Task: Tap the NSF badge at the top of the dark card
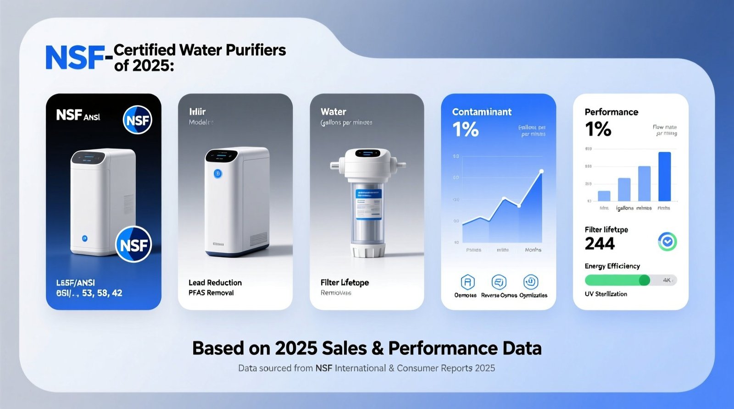pos(138,120)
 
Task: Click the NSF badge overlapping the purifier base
pos(133,245)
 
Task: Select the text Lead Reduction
pos(215,282)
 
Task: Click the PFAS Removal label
pos(211,293)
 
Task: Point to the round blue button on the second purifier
pos(218,174)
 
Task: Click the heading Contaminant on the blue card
pos(482,112)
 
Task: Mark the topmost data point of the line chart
pos(541,171)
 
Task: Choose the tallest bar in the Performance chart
pos(664,177)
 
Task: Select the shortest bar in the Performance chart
pos(604,196)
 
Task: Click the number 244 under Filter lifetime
pos(600,243)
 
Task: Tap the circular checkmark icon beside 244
pos(667,242)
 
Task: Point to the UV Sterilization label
pos(606,294)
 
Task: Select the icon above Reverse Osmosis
pos(499,282)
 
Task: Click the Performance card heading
pos(611,112)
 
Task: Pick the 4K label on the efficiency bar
pos(667,280)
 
